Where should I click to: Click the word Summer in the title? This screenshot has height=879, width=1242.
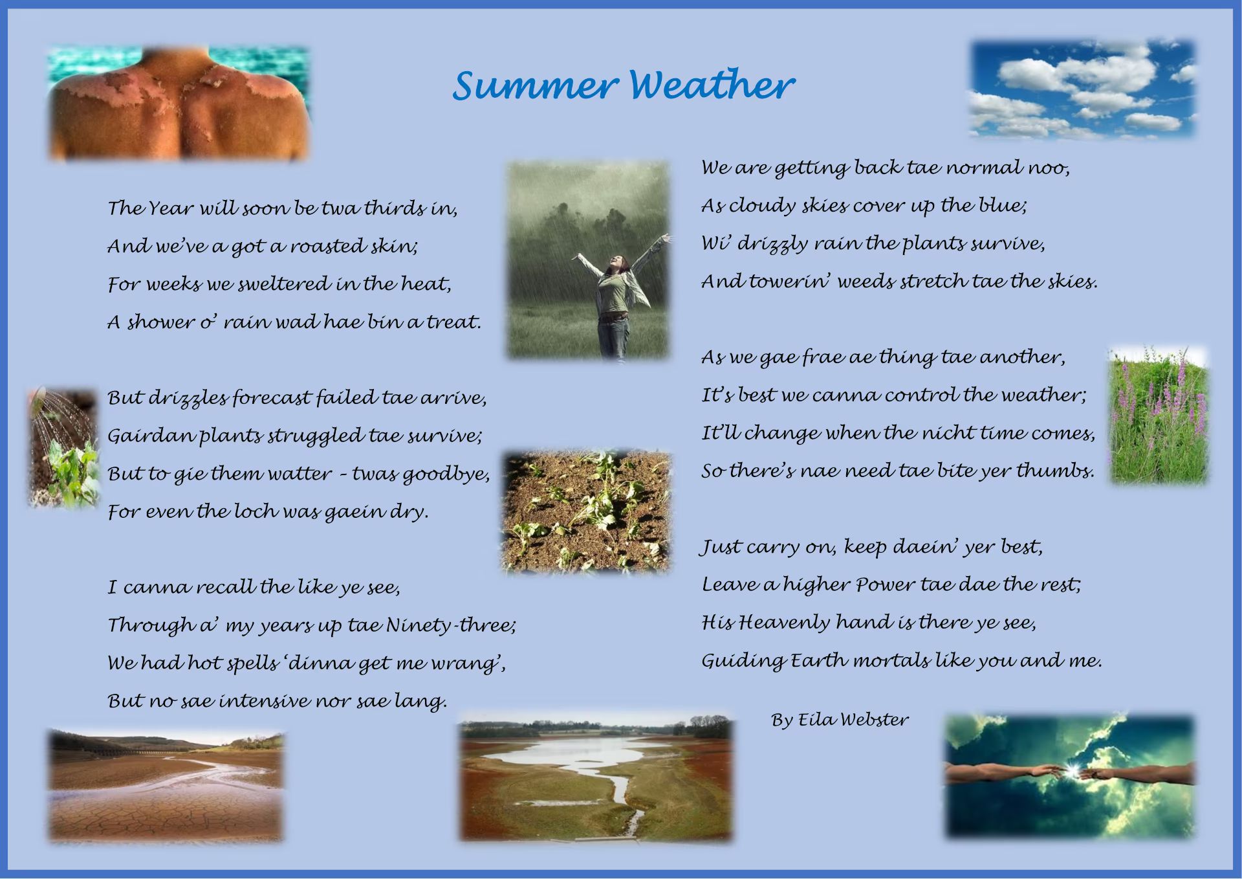tap(534, 85)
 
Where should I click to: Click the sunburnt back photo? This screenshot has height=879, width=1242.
tap(179, 102)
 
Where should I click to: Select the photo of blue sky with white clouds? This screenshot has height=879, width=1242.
tap(1082, 89)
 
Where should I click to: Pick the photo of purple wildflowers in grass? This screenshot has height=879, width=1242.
tap(1159, 415)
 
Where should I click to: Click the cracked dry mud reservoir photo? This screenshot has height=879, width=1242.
tap(166, 785)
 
